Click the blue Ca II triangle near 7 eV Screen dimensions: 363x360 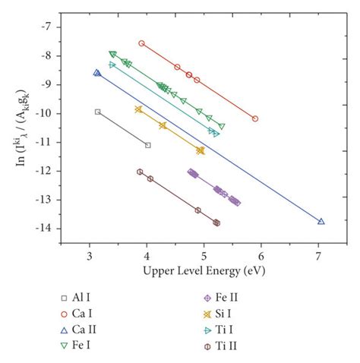click(x=321, y=222)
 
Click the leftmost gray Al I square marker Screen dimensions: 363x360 click(x=97, y=112)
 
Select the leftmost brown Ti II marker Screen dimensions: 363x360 click(x=140, y=172)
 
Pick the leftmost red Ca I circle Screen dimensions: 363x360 click(x=141, y=43)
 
